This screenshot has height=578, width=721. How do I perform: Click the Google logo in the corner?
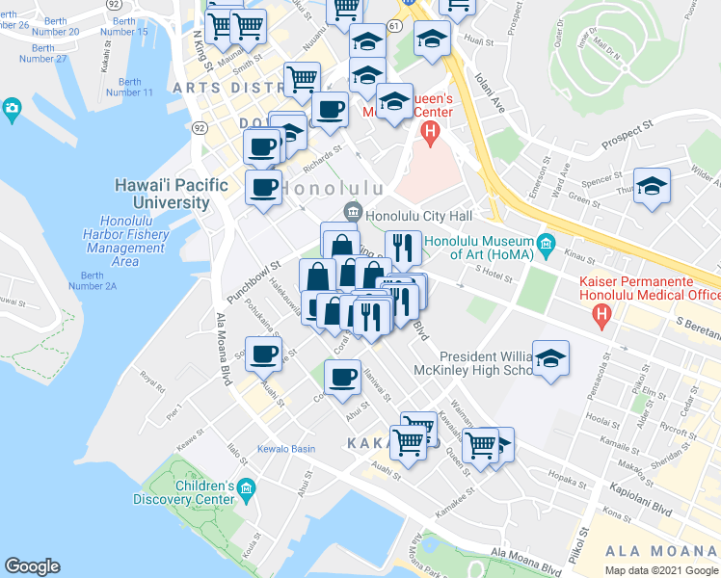32,566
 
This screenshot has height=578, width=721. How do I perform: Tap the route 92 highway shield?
200,127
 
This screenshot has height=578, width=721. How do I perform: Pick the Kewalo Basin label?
285,449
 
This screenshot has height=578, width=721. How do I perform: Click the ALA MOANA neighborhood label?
660,551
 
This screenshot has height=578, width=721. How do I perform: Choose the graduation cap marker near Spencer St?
653,186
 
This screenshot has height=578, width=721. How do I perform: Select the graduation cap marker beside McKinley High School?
550,358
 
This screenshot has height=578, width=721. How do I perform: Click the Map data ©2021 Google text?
661,570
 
